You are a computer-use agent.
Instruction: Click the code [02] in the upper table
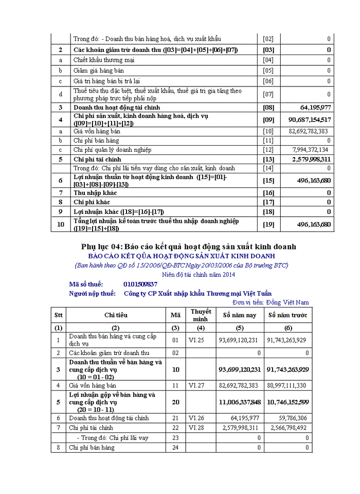(268, 39)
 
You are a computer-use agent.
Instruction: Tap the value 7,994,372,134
(310, 150)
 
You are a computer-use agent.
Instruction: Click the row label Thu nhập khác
(95, 192)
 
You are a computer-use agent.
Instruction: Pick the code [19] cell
(268, 224)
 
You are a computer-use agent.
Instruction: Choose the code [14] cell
(268, 168)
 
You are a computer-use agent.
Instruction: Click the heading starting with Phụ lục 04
(188, 246)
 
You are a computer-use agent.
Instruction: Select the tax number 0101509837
(140, 284)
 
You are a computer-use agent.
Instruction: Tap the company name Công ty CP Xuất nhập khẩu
(198, 293)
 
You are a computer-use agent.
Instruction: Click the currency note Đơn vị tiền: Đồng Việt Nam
(271, 302)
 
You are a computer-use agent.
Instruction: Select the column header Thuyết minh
(201, 315)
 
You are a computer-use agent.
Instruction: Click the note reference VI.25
(197, 340)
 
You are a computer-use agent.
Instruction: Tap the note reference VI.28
(197, 428)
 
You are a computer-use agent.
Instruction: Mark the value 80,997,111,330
(286, 385)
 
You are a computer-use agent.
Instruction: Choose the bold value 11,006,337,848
(240, 402)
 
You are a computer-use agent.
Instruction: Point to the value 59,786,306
(291, 418)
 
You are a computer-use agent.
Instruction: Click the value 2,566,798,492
(287, 428)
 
